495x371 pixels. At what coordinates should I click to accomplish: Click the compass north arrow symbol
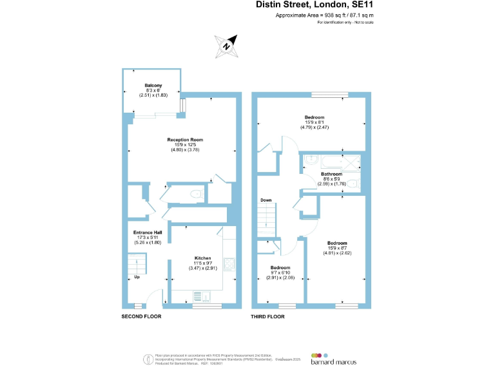click(x=226, y=45)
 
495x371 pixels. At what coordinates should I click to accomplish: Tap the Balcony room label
click(x=153, y=86)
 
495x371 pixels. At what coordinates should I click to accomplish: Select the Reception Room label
click(x=185, y=140)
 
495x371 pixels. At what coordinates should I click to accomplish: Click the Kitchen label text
click(x=203, y=258)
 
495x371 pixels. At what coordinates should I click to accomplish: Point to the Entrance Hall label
click(x=147, y=233)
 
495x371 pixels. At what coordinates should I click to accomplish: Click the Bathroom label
click(x=331, y=174)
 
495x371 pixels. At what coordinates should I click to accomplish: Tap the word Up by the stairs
click(x=137, y=278)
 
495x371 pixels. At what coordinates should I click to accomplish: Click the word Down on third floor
click(x=266, y=200)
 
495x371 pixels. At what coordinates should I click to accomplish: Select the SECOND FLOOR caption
click(x=142, y=317)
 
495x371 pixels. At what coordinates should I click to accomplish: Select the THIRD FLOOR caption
click(x=267, y=317)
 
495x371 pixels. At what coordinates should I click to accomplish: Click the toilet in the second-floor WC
click(x=197, y=194)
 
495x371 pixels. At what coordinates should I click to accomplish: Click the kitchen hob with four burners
click(x=228, y=264)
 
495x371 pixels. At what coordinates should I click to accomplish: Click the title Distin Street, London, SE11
click(x=315, y=5)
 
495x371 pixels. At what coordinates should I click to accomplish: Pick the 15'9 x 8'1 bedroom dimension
click(x=315, y=122)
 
